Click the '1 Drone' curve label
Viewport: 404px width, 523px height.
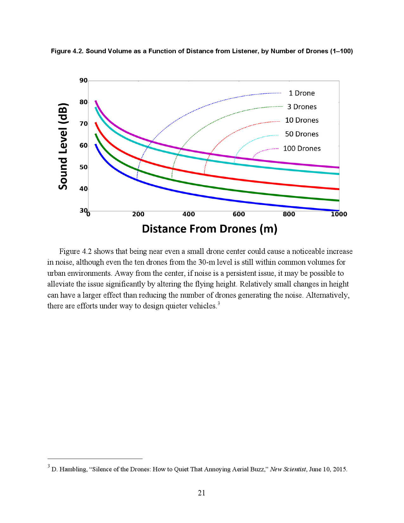[302, 93]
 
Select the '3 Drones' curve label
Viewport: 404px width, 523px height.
[302, 107]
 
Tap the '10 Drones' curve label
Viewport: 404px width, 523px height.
[302, 120]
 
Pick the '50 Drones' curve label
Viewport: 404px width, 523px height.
[302, 134]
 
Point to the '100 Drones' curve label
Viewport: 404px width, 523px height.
[302, 148]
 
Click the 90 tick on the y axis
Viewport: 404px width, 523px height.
[83, 81]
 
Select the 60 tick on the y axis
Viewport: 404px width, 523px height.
[83, 145]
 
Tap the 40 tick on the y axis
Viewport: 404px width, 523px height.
[83, 189]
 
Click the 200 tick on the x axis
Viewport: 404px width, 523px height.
[138, 214]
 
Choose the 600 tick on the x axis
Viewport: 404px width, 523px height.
[239, 214]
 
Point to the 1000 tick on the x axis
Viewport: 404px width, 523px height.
[339, 214]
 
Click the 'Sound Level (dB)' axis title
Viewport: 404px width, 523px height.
[63, 146]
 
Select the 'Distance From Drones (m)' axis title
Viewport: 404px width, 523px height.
[209, 229]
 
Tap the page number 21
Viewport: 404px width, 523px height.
[202, 493]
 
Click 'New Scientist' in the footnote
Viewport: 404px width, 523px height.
[288, 469]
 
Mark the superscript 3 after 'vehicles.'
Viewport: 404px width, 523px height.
[219, 304]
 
